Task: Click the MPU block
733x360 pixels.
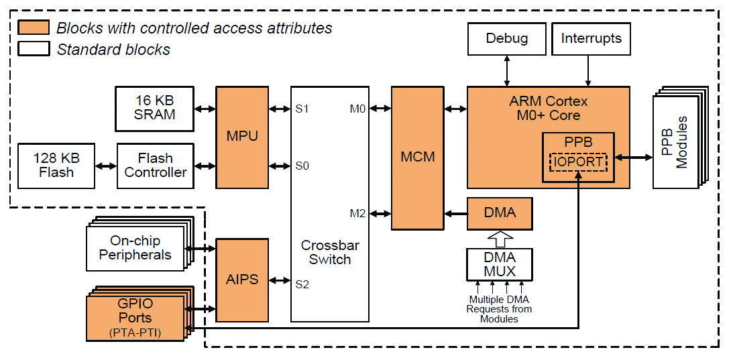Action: (x=242, y=137)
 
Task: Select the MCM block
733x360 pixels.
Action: (x=418, y=158)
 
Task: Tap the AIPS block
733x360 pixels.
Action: (x=242, y=279)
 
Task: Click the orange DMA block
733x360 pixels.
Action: (x=500, y=213)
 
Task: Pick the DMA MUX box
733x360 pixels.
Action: (x=500, y=264)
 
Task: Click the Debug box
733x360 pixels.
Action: (x=506, y=39)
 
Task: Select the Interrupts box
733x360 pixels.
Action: (x=591, y=39)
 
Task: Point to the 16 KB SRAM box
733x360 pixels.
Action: (x=154, y=108)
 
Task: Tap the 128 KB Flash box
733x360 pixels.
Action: (x=56, y=166)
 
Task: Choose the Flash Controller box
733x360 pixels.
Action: (x=156, y=166)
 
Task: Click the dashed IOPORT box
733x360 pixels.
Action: (x=577, y=162)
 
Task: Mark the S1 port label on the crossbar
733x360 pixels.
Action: (x=302, y=109)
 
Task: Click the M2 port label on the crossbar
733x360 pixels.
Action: (x=357, y=214)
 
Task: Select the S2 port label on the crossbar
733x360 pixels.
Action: (x=302, y=284)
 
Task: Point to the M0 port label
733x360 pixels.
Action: (x=357, y=109)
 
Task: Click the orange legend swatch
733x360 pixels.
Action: (x=34, y=28)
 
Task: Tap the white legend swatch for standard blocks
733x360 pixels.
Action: (x=34, y=49)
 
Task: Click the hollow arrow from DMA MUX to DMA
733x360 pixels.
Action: (x=500, y=239)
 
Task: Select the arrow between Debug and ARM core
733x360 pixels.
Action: (x=506, y=70)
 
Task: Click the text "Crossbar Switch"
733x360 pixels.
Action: (x=329, y=253)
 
